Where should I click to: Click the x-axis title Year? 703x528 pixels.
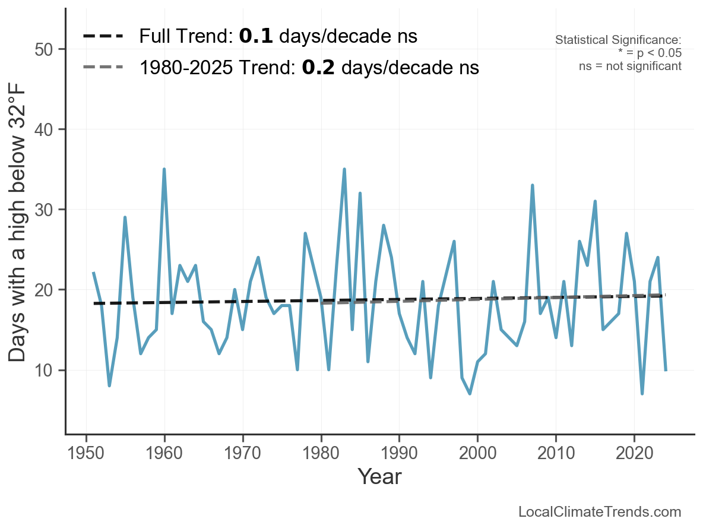coord(379,476)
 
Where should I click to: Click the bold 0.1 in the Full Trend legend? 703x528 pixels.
coord(256,37)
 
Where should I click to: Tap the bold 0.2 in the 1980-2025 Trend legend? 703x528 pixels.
coord(318,68)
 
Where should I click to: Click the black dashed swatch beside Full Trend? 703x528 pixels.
coord(103,37)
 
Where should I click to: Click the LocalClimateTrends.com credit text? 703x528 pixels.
coord(600,512)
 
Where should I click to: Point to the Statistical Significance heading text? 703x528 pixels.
coord(618,40)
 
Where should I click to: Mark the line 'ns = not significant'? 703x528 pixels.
coord(630,66)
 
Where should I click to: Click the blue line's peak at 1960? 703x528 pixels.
coord(164,169)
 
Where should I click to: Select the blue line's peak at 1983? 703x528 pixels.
coord(344,169)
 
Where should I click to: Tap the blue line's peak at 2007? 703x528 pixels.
coord(533,185)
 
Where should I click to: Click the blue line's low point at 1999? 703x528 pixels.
coord(470,394)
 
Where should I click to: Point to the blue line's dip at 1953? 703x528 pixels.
coord(109,385)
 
